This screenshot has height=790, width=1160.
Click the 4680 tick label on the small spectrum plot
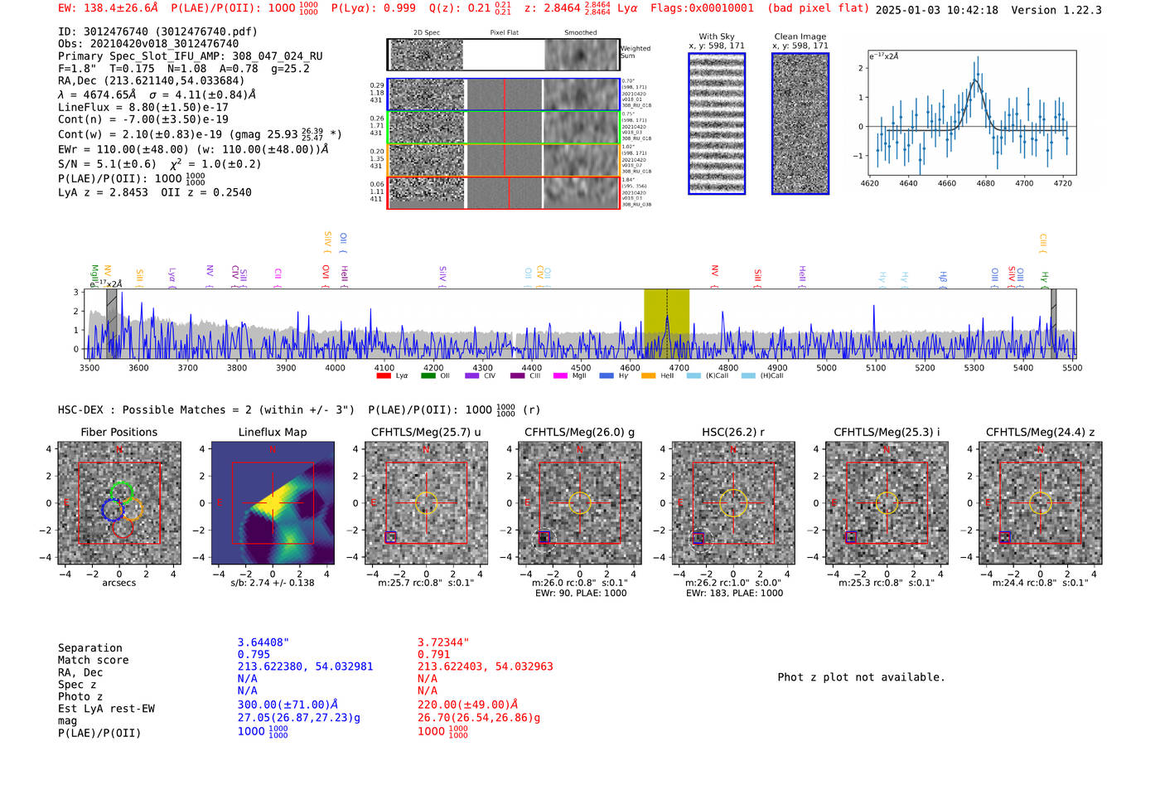click(x=985, y=183)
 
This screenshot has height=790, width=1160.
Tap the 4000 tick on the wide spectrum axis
click(x=335, y=367)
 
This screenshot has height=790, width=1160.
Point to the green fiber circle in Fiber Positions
click(x=122, y=492)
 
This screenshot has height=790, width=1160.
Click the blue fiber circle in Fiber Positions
click(x=112, y=511)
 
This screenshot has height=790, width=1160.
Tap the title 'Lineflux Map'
click(x=272, y=432)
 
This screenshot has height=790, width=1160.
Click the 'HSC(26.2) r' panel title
click(x=732, y=432)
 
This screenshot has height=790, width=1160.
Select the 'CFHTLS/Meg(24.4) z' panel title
click(x=1040, y=432)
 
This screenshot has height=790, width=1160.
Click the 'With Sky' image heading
click(x=717, y=36)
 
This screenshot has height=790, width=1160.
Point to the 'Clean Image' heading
click(x=800, y=36)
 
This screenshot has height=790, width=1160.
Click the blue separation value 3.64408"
click(x=263, y=642)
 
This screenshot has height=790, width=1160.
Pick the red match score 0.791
click(x=434, y=654)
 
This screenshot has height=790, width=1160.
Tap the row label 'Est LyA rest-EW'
click(x=106, y=709)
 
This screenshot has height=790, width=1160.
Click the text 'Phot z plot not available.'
click(x=861, y=677)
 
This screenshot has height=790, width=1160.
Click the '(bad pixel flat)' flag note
click(x=818, y=8)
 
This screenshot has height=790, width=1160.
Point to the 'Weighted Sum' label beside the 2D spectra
click(x=635, y=52)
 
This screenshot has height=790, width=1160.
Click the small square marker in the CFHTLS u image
click(x=391, y=537)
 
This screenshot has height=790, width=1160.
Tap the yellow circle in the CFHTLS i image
click(x=887, y=502)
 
